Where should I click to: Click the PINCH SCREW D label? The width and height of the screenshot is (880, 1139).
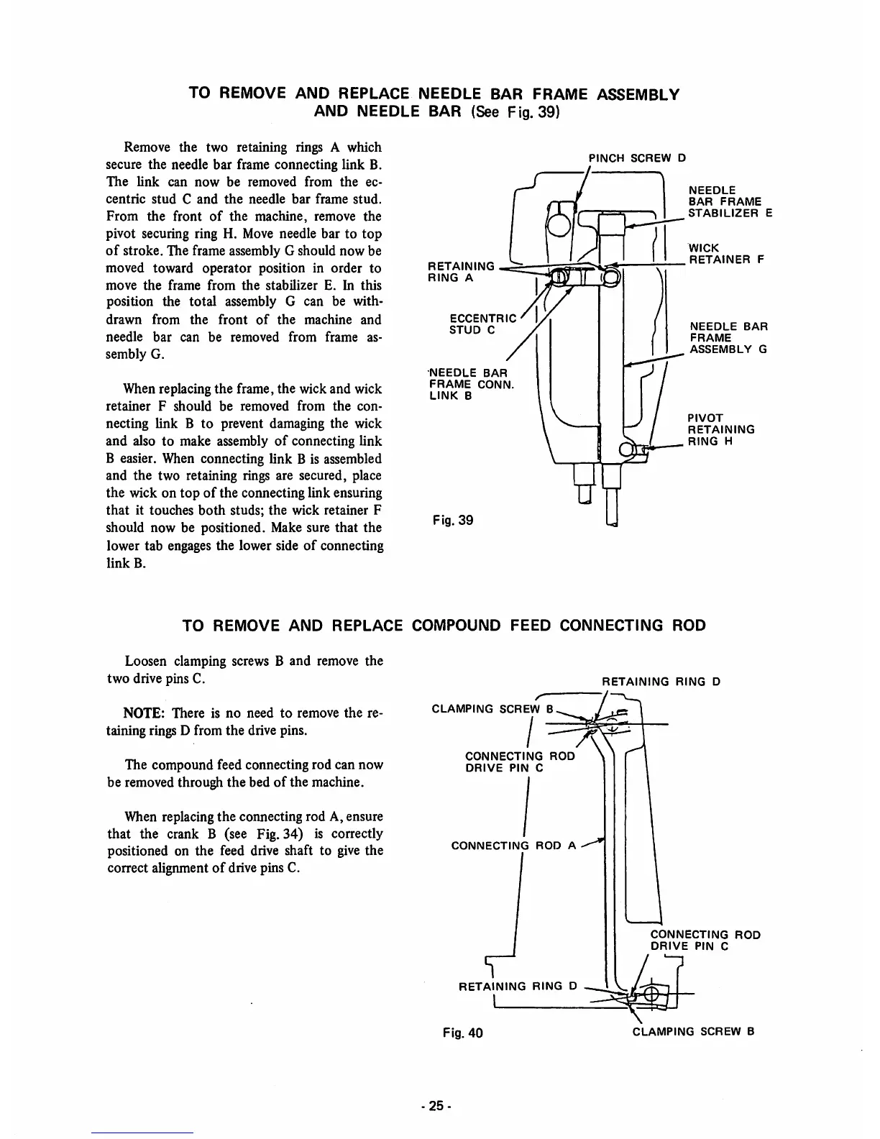(638, 157)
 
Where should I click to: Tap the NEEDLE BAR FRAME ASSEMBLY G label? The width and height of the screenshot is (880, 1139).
(728, 338)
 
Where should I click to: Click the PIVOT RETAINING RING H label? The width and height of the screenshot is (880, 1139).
(720, 429)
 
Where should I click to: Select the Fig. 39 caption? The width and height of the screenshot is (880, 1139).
(453, 519)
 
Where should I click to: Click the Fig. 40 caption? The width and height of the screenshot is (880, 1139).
(463, 1033)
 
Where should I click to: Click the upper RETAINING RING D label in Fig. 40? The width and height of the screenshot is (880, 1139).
(661, 681)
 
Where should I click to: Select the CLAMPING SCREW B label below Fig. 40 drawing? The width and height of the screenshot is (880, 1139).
(692, 1032)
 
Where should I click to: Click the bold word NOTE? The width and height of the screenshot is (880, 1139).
(145, 713)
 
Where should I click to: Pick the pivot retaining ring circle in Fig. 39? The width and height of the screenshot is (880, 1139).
(627, 450)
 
